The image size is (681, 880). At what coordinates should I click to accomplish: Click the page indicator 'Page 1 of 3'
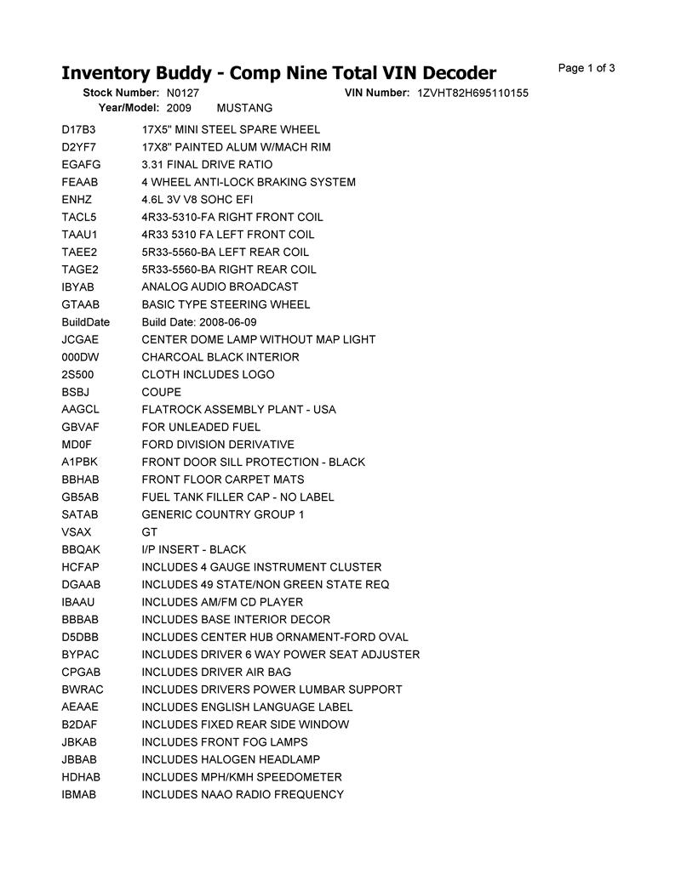tap(587, 68)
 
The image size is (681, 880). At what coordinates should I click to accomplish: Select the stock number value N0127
tap(183, 93)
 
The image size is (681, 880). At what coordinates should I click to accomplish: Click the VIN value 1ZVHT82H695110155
tap(473, 93)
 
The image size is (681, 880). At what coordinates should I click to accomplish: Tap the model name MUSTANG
tap(245, 108)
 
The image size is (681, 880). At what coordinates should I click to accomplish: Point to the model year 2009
tap(179, 108)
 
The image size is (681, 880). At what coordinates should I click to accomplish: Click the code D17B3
tap(79, 130)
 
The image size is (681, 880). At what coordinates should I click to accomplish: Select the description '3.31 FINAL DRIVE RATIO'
tap(207, 165)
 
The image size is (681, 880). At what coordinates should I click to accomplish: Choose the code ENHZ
tap(77, 200)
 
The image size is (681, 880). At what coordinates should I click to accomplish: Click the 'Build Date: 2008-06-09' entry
tap(198, 322)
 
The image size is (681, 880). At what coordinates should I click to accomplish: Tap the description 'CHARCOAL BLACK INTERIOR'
tap(220, 357)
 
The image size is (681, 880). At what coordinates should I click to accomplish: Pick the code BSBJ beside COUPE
tap(76, 392)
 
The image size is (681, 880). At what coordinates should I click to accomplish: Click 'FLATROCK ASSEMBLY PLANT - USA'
tap(238, 410)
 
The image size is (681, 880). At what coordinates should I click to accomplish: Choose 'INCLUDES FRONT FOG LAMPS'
tap(225, 742)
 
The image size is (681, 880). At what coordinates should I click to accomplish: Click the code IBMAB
tap(79, 794)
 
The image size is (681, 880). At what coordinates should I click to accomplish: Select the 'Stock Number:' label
tap(121, 93)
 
